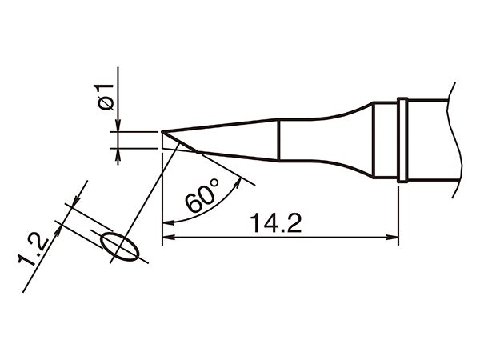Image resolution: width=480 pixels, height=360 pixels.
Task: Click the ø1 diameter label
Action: pos(105,97)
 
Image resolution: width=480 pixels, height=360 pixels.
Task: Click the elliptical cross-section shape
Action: pos(120,247)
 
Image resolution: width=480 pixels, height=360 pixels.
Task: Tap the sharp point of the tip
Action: pos(162,131)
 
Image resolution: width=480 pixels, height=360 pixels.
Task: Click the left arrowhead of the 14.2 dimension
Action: pos(168,238)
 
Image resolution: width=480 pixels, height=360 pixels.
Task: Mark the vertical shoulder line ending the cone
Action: pos(278,139)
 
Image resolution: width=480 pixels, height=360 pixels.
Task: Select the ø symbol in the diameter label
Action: pos(105,104)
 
